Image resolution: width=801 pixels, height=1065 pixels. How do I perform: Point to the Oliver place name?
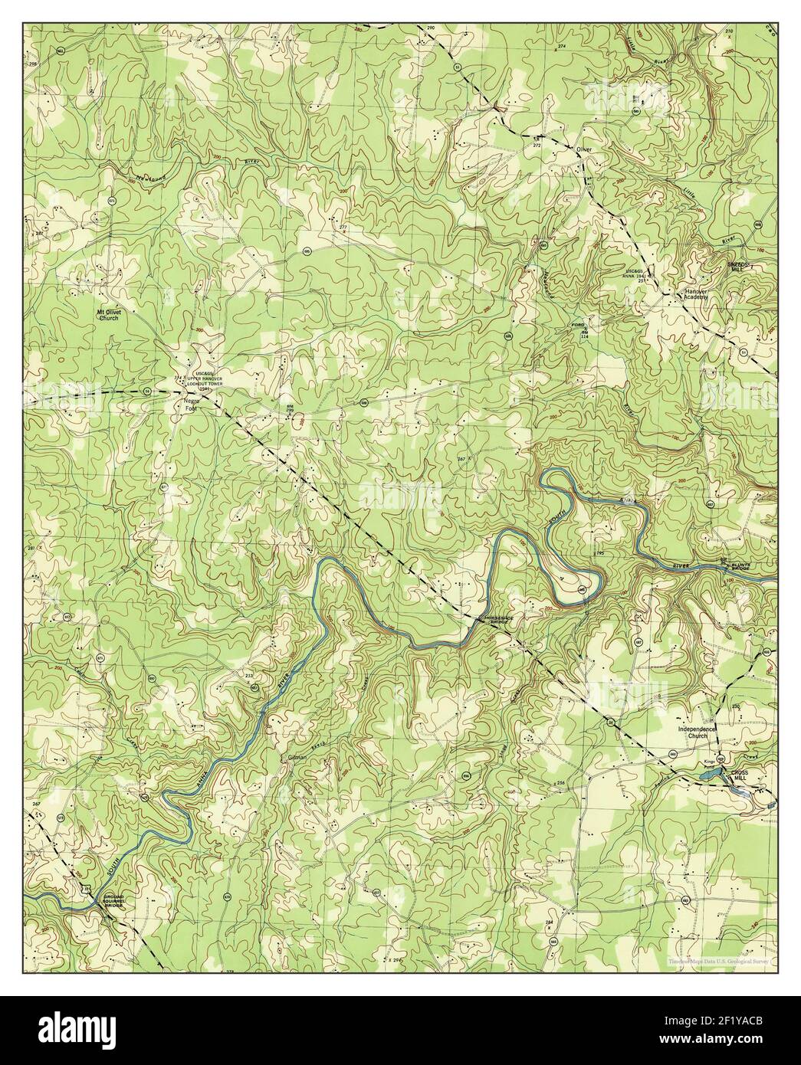pyautogui.click(x=586, y=150)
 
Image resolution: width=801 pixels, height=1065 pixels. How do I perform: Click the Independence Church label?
pyautogui.click(x=697, y=732)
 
